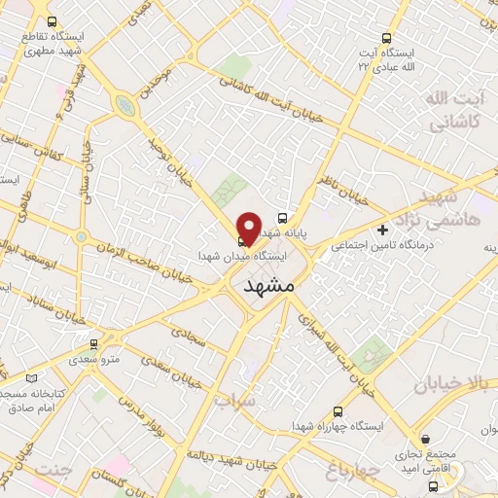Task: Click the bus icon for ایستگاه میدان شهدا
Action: (x=241, y=241)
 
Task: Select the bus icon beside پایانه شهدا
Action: (x=282, y=218)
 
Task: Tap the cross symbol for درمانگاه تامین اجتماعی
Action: (x=383, y=231)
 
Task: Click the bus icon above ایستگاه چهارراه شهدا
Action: (x=338, y=411)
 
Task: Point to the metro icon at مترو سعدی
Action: (x=93, y=343)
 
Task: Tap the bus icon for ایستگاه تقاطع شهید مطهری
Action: (x=51, y=21)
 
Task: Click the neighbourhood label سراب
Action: (x=235, y=400)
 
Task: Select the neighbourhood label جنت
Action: (x=53, y=471)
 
